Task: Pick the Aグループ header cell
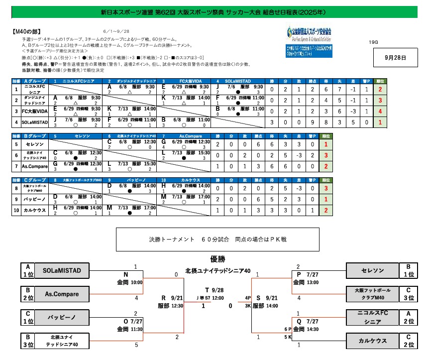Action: (x=35, y=81)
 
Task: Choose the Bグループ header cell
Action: (x=35, y=135)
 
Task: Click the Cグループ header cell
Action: (x=35, y=179)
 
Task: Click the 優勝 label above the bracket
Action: (x=217, y=259)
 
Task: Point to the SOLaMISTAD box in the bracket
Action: (x=65, y=270)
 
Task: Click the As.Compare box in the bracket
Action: (x=65, y=294)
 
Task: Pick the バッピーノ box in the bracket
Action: (x=65, y=317)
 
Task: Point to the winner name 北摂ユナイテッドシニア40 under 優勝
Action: (x=217, y=270)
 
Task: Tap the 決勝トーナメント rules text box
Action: (x=217, y=239)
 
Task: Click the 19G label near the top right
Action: (x=374, y=42)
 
